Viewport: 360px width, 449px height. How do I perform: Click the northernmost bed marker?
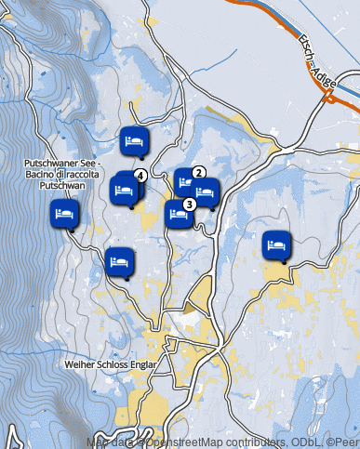[134, 141]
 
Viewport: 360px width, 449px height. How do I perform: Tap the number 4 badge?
[140, 175]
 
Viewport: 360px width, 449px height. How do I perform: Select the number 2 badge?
[198, 172]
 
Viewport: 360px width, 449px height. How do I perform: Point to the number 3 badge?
[189, 205]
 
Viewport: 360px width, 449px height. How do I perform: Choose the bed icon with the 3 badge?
[178, 213]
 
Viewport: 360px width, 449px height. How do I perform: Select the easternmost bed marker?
[276, 244]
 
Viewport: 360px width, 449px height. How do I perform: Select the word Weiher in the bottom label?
[80, 364]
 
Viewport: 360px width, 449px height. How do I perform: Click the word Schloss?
[113, 364]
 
